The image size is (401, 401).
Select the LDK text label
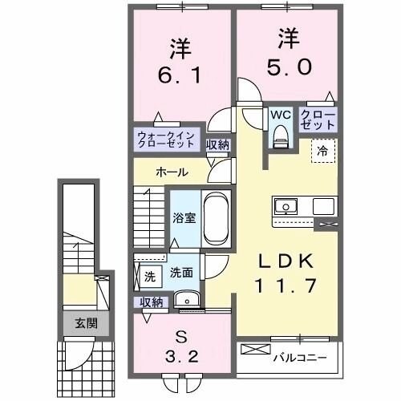(284, 261)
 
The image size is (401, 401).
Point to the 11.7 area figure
(285, 283)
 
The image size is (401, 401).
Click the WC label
(279, 114)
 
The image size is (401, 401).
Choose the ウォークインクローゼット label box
(165, 140)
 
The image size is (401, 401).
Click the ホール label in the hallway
(172, 172)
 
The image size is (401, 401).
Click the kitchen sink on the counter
(286, 207)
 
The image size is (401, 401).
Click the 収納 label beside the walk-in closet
(217, 145)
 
